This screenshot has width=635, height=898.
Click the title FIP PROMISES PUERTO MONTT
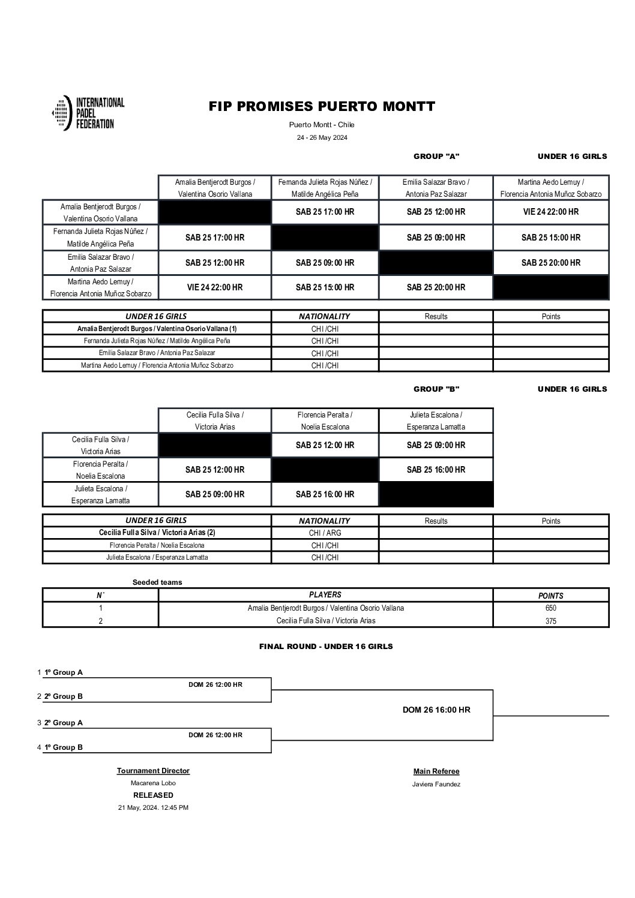point(322,107)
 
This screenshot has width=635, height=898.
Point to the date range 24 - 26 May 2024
point(322,137)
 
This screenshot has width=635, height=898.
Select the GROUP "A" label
point(436,157)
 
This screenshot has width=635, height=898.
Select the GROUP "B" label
point(436,389)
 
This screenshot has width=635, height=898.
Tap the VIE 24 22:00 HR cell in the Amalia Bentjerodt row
point(550,212)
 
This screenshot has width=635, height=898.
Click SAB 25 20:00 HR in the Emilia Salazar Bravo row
point(550,263)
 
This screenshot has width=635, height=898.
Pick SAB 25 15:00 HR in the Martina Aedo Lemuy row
point(325,287)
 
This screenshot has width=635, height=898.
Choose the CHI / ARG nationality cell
point(325,533)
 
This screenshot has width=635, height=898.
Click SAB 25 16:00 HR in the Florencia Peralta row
point(436,470)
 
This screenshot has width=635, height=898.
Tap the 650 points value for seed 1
point(550,608)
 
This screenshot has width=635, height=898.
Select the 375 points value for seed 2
point(550,621)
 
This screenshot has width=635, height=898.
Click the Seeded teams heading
point(157,582)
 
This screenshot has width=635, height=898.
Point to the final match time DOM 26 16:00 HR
point(436,710)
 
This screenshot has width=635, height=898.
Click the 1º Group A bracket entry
point(64,672)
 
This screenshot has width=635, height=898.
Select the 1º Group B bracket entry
point(64,747)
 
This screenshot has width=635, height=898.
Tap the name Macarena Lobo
point(153,783)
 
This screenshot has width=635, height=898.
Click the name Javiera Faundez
point(436,784)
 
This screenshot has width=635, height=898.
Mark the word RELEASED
point(153,795)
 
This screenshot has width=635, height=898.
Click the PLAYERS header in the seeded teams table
point(325,595)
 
